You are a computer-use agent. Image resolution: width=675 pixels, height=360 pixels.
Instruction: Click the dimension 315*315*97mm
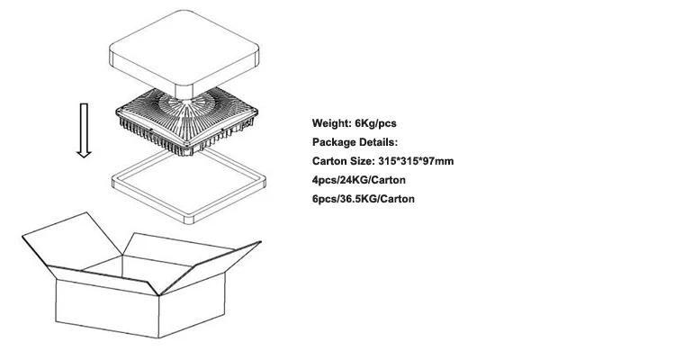pos(413,161)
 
